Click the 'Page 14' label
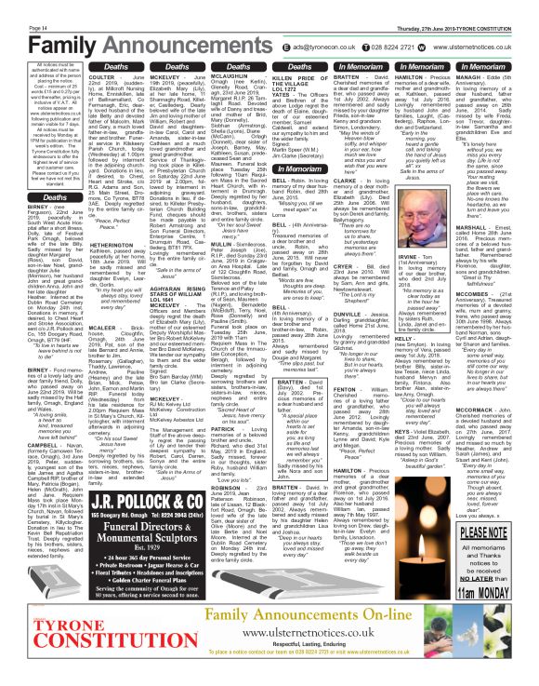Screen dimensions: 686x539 coord(15,6)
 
